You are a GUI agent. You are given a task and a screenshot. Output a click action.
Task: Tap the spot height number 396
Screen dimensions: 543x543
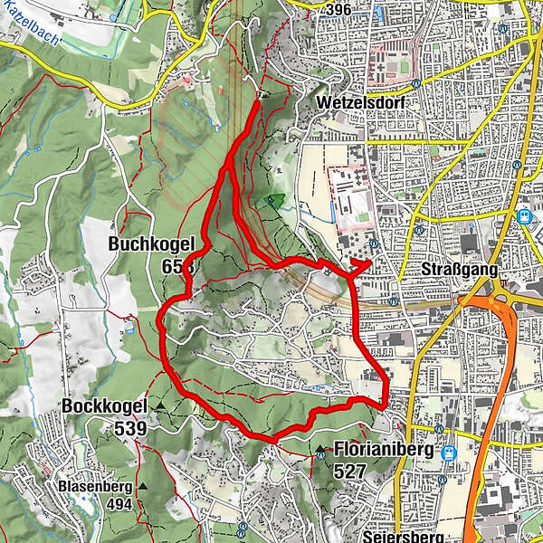[340, 10]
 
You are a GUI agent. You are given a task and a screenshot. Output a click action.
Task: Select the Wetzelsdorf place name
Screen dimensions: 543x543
[360, 104]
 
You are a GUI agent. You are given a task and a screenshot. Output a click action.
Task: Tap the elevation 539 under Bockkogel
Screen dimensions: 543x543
[130, 428]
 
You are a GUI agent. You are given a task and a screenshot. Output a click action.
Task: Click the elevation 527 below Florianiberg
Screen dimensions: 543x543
[348, 471]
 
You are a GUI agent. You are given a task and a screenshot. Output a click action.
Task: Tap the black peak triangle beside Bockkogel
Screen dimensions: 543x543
[160, 408]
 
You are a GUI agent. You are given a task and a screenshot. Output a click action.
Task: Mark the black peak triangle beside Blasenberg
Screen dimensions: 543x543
[143, 487]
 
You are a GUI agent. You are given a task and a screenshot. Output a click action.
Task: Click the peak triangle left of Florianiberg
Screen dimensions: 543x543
[320, 449]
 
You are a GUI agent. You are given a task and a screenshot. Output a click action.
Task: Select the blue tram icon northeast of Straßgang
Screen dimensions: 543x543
[524, 216]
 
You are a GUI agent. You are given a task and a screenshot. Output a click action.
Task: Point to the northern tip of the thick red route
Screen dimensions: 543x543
[260, 102]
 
